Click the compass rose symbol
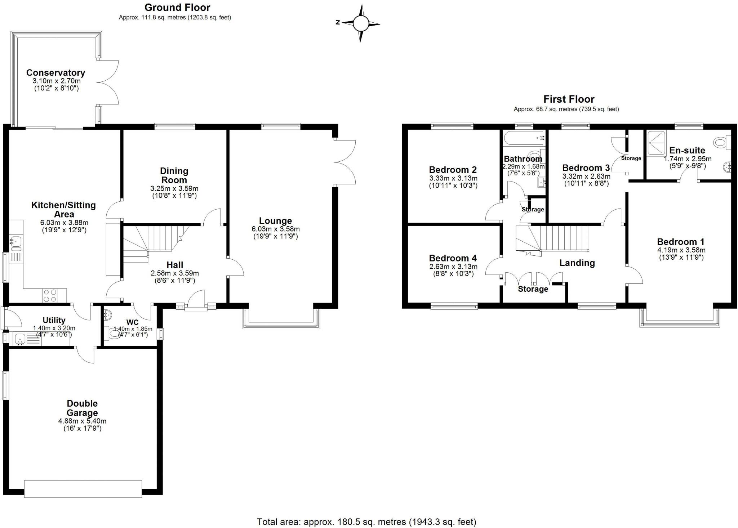click(361, 23)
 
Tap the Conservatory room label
click(55, 73)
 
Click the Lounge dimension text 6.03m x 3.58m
click(275, 229)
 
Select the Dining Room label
click(174, 175)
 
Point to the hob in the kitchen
click(50, 296)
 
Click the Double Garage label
click(82, 408)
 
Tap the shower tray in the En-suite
click(657, 143)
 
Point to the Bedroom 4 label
click(453, 258)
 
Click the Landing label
click(577, 263)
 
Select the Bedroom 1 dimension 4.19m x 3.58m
click(681, 250)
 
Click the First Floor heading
click(569, 99)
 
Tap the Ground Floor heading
click(177, 7)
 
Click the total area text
click(366, 522)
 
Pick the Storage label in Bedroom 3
click(631, 158)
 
